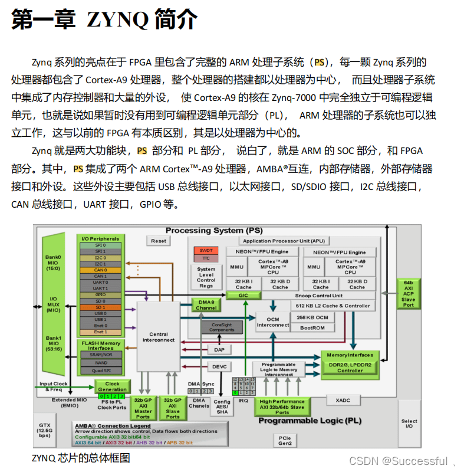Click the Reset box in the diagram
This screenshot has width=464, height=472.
click(x=159, y=241)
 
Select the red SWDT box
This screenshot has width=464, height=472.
click(x=206, y=250)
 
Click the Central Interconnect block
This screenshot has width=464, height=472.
click(x=159, y=337)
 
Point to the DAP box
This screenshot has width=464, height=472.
click(x=219, y=349)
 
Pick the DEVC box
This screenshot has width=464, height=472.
click(x=219, y=366)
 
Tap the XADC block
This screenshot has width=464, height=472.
click(x=343, y=400)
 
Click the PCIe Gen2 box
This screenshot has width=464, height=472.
click(x=285, y=440)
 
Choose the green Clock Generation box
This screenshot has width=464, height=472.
click(x=112, y=386)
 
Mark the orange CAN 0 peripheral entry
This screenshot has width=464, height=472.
click(x=101, y=270)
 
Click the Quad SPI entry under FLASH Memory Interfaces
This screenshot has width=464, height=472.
click(x=101, y=371)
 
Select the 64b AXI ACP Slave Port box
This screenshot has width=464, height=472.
click(x=408, y=294)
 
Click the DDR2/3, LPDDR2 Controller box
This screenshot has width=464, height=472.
click(x=350, y=367)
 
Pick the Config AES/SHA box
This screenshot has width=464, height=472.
click(x=222, y=407)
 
